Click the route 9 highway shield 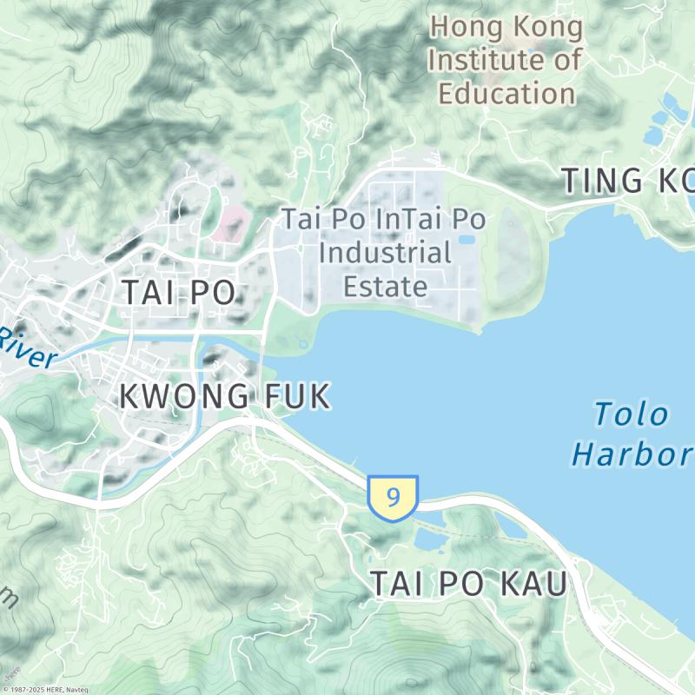(x=393, y=498)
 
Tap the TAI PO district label (x=178, y=293)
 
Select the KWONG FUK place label (x=224, y=396)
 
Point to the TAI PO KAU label (x=469, y=585)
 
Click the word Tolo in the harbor (x=632, y=414)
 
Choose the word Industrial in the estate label (x=386, y=254)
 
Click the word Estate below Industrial (x=386, y=286)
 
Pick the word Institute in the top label (x=492, y=60)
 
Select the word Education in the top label (x=507, y=93)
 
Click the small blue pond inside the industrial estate (x=467, y=239)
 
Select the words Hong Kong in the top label (x=507, y=27)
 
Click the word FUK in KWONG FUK (x=296, y=396)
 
